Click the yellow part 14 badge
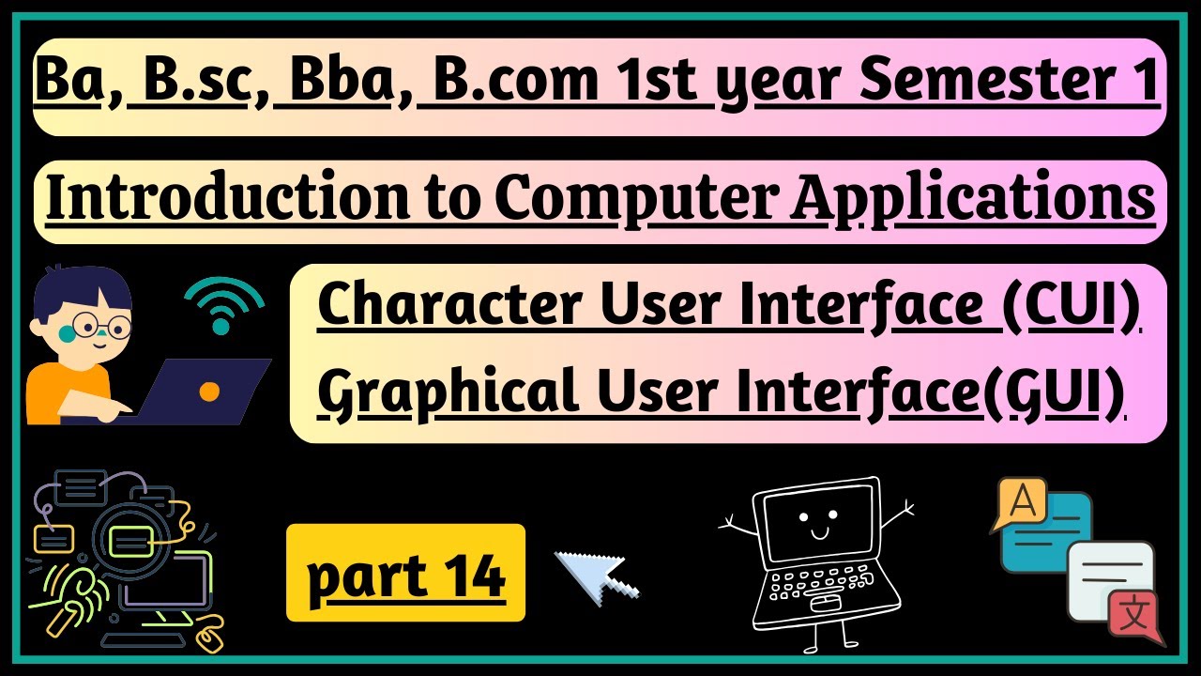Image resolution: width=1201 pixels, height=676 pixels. (x=405, y=573)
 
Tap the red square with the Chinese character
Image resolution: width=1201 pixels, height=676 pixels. (x=1133, y=616)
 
